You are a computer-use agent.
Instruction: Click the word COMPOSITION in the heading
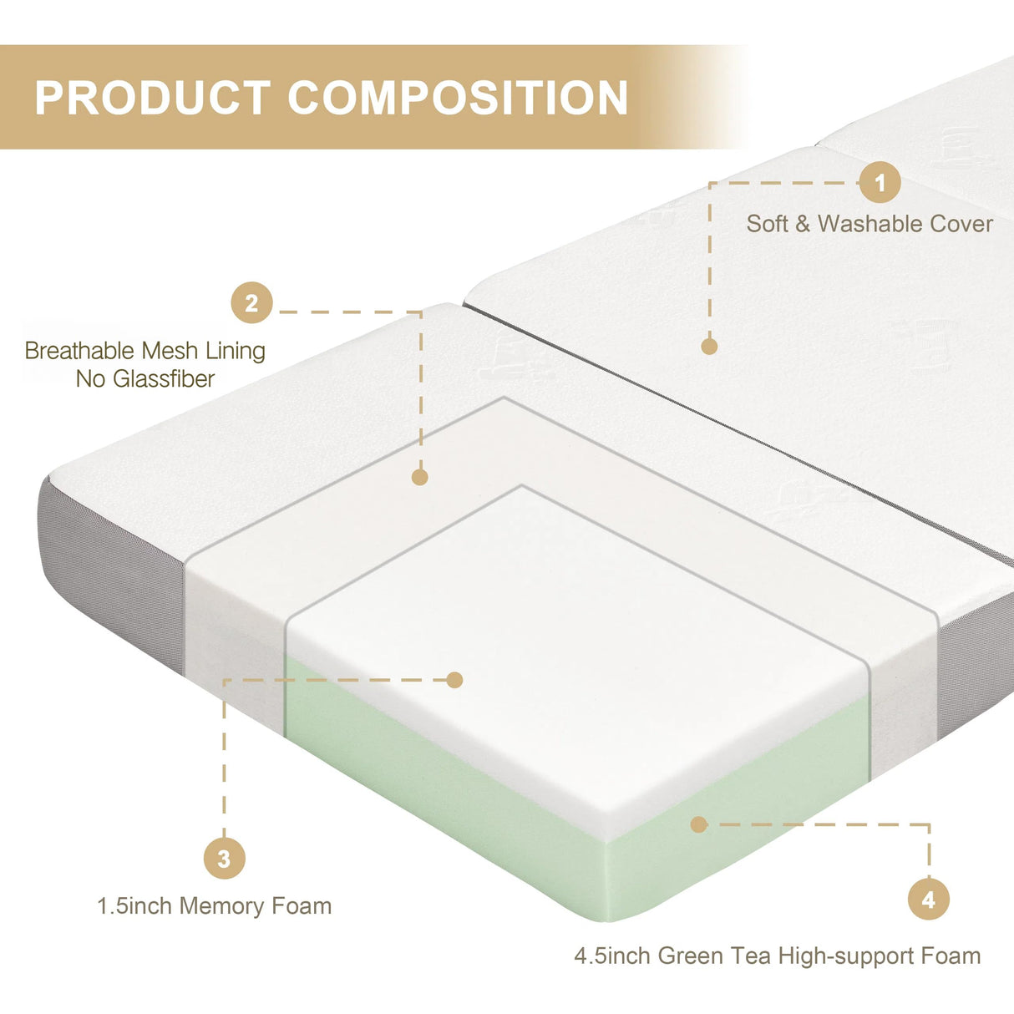(x=458, y=98)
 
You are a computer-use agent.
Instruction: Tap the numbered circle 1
(x=880, y=182)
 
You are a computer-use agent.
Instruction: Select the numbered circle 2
(x=251, y=303)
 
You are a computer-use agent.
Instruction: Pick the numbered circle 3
(x=224, y=859)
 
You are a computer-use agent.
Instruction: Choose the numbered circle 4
(x=929, y=900)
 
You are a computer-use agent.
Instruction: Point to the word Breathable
(x=79, y=351)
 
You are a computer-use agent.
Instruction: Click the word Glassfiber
(x=164, y=379)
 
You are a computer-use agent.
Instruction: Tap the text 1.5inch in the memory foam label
(x=134, y=906)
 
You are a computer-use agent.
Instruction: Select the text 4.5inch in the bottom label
(x=612, y=956)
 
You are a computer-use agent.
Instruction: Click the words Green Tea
(x=714, y=956)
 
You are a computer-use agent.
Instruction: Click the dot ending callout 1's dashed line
(x=709, y=346)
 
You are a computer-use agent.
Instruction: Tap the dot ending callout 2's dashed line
(x=420, y=477)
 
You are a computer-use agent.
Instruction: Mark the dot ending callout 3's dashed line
(x=454, y=680)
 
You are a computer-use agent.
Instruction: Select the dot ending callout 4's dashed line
(x=699, y=824)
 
